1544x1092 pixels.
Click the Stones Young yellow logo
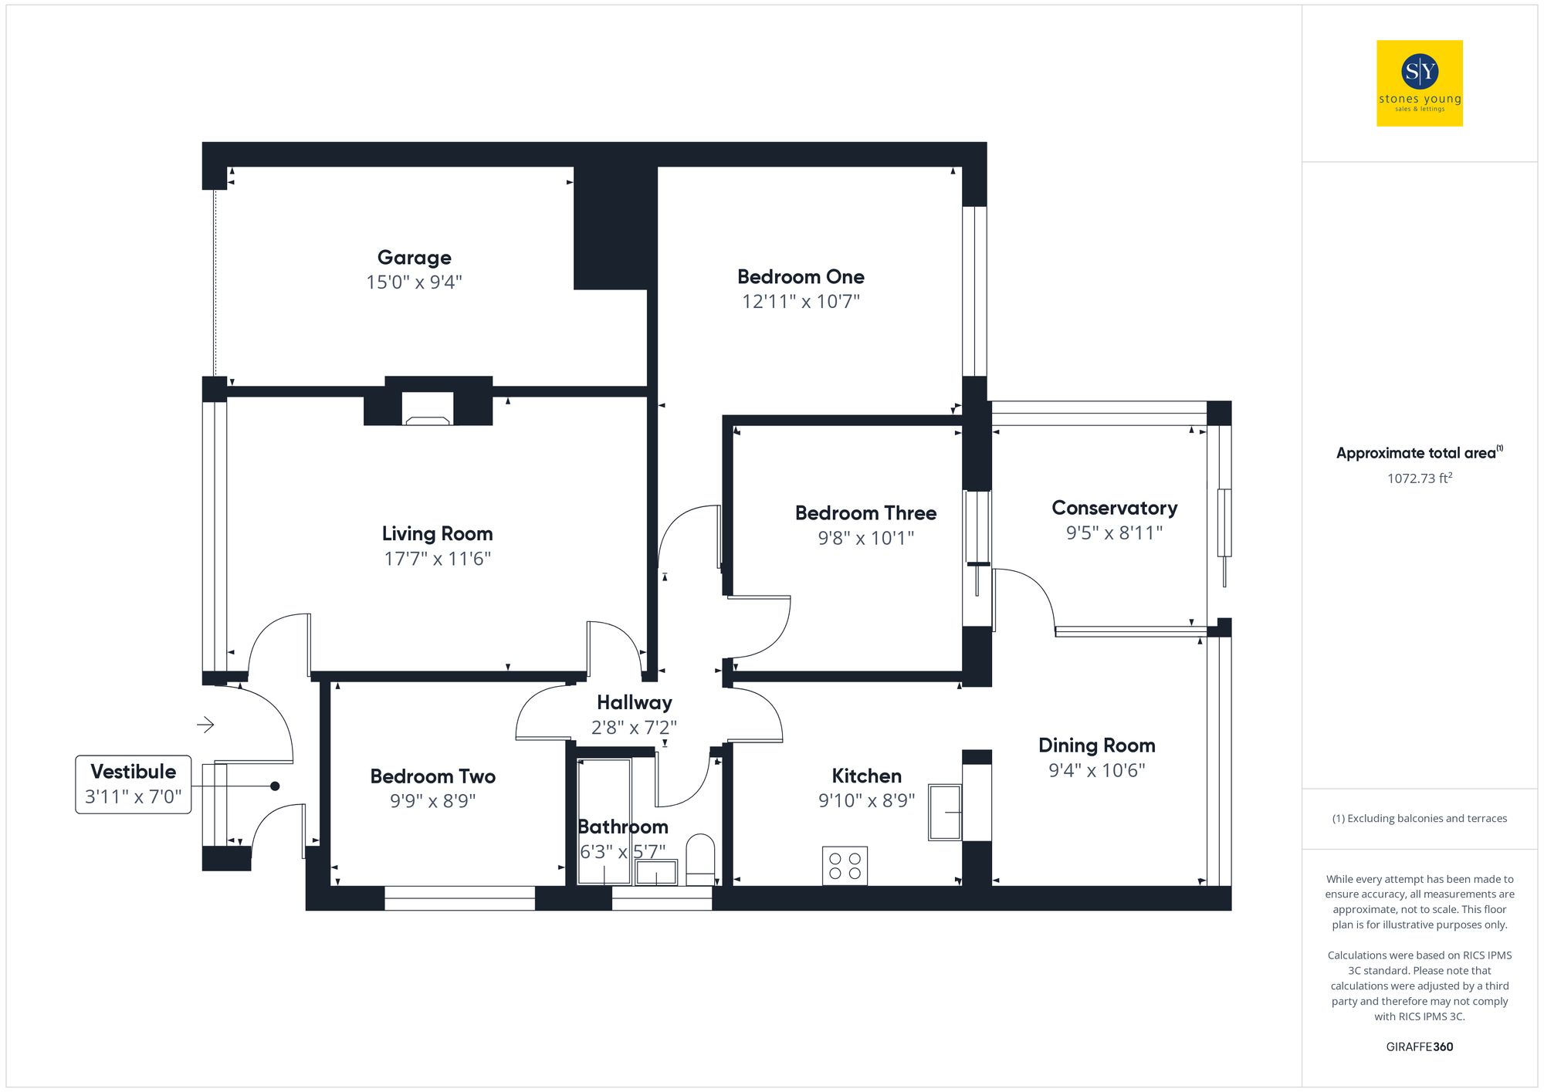(1419, 83)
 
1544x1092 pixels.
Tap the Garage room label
(415, 258)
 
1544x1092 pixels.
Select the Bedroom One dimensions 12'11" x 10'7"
(801, 302)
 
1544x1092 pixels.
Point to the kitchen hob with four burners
(845, 865)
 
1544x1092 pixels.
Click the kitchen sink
(945, 812)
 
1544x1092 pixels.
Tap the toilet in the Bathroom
(700, 858)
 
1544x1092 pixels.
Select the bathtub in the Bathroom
(604, 820)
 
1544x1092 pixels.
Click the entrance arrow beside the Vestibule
(205, 725)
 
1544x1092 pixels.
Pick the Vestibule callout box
(134, 784)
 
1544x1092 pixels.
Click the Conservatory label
(1114, 509)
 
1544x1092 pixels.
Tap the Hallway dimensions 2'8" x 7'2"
(634, 728)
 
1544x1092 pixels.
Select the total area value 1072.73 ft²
(1419, 478)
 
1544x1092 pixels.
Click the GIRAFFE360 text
(1419, 1047)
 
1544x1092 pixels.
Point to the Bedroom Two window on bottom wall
(459, 898)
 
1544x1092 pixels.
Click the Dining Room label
(1096, 745)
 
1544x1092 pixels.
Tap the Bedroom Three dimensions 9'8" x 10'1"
(865, 538)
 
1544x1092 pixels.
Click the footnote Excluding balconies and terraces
(1419, 819)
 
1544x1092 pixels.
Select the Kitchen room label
(866, 776)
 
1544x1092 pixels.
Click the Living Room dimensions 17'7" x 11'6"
(437, 559)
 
